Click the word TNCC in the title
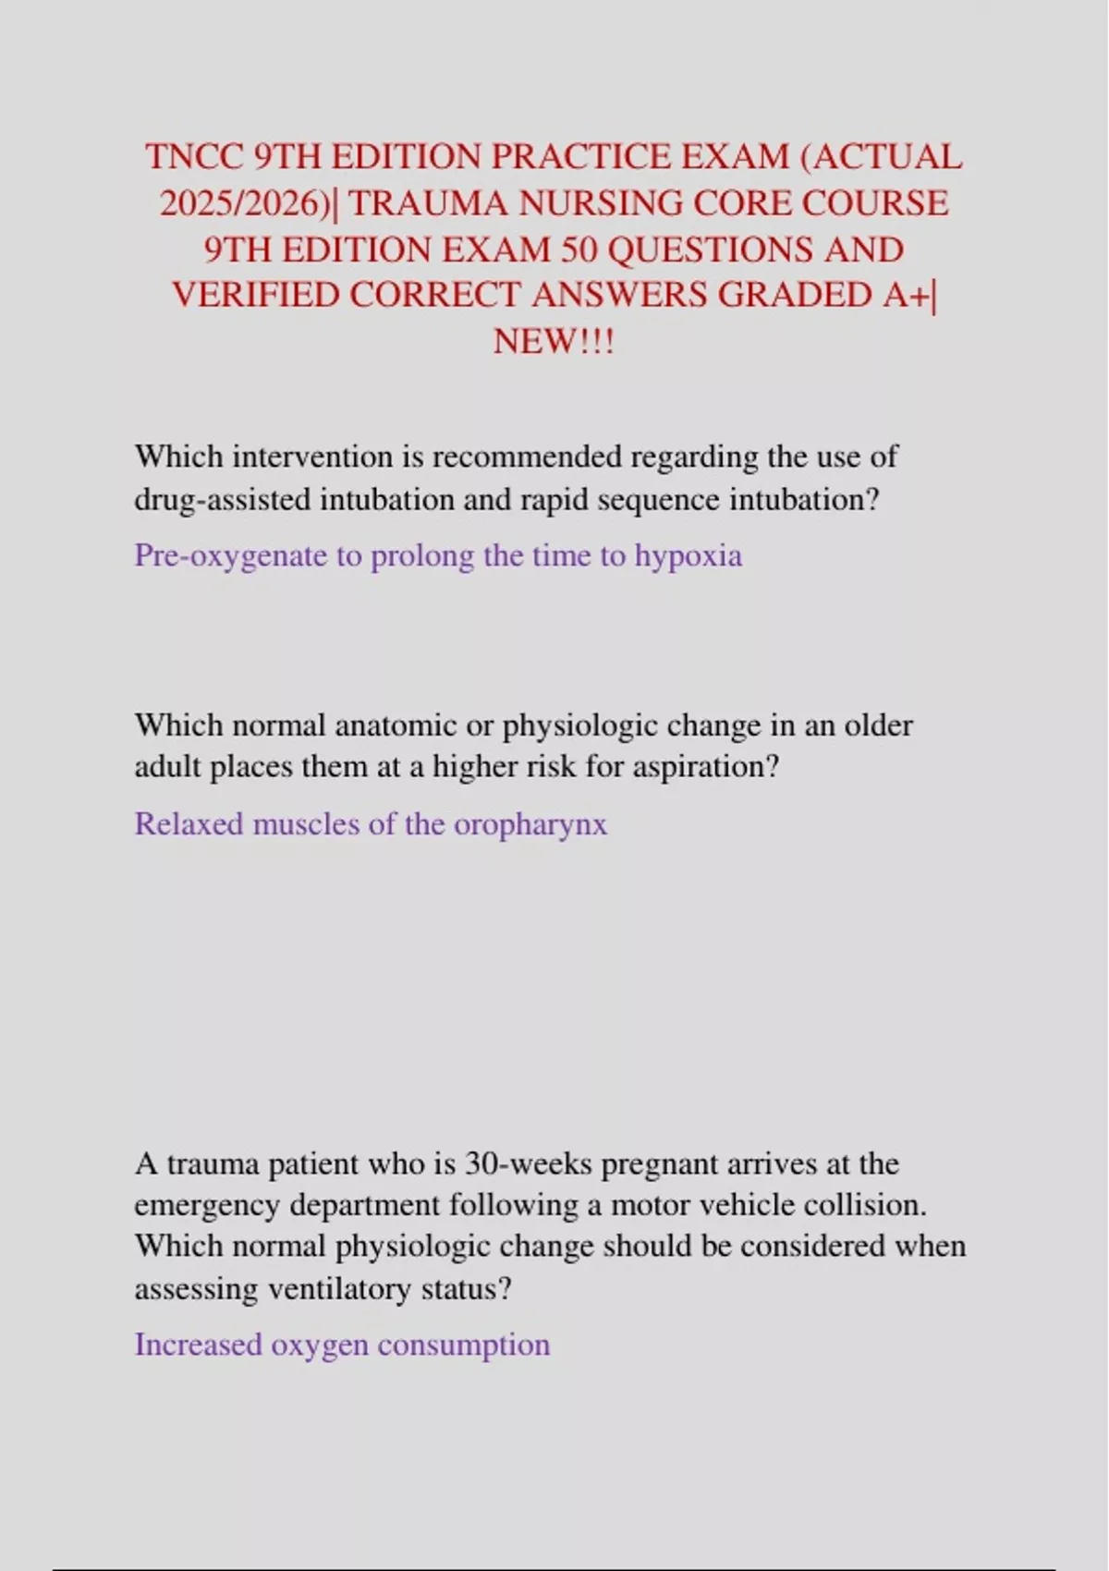pos(193,157)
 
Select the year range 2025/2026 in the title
pos(245,203)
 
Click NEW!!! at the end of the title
pos(554,341)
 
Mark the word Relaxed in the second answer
pos(189,823)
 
